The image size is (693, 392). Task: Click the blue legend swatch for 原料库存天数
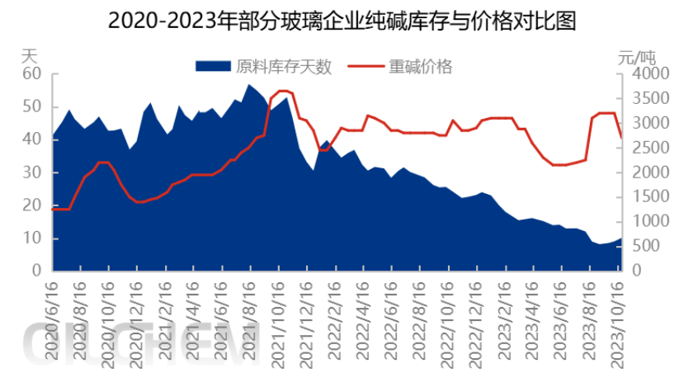[x=213, y=66]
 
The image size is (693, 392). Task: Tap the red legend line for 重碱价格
[x=365, y=66]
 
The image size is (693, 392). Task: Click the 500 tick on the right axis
[x=647, y=246]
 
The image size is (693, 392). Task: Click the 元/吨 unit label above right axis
[x=637, y=57]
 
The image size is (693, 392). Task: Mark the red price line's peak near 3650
[x=282, y=91]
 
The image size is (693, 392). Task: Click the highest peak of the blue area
[x=248, y=84]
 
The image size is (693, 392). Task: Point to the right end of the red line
[x=622, y=137]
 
